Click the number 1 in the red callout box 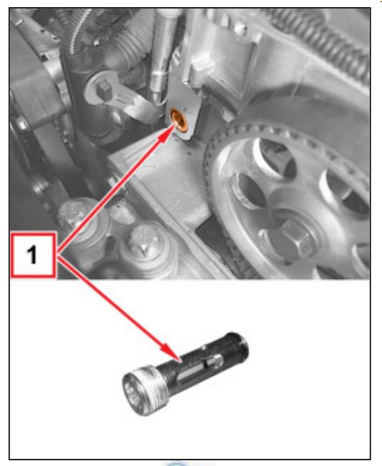[x=32, y=255]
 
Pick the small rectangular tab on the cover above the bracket [x=201, y=70]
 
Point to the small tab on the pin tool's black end [x=204, y=346]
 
